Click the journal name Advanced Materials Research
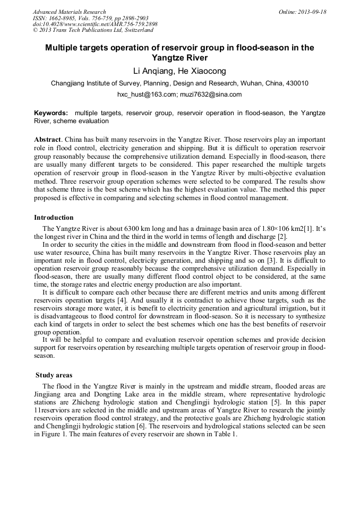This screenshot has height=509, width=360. pyautogui.click(x=69, y=12)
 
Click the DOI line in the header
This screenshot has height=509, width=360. pyautogui.click(x=95, y=24)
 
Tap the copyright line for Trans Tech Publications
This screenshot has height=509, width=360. pyautogui.click(x=93, y=30)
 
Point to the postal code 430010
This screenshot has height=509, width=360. pyautogui.click(x=298, y=83)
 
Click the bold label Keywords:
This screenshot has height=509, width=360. pyautogui.click(x=51, y=113)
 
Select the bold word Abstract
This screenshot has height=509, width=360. pyautogui.click(x=47, y=139)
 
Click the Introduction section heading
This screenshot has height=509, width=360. pyautogui.click(x=54, y=218)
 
